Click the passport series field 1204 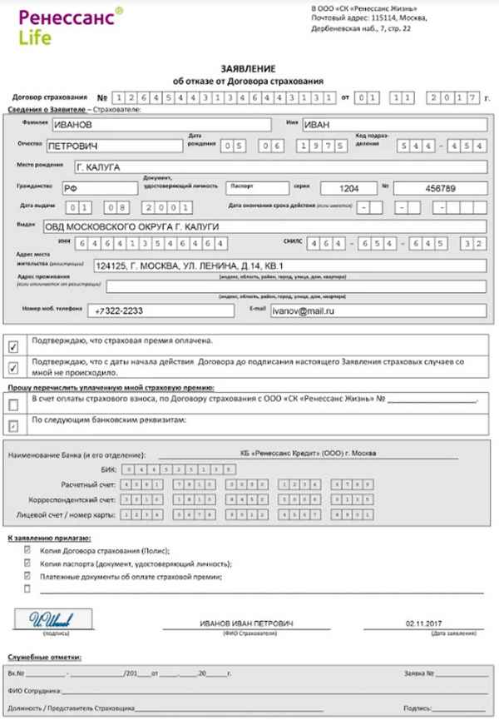pos(341,188)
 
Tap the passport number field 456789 pos(441,188)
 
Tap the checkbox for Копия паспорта pos(27,562)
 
